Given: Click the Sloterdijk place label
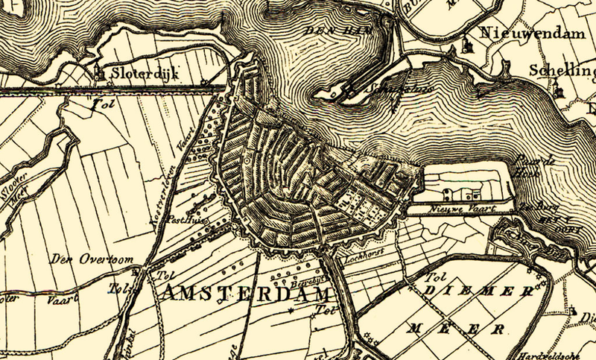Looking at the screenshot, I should (x=137, y=74).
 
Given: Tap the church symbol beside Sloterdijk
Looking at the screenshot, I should (x=100, y=72).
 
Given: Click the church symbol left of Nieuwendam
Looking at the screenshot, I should (x=469, y=44).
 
